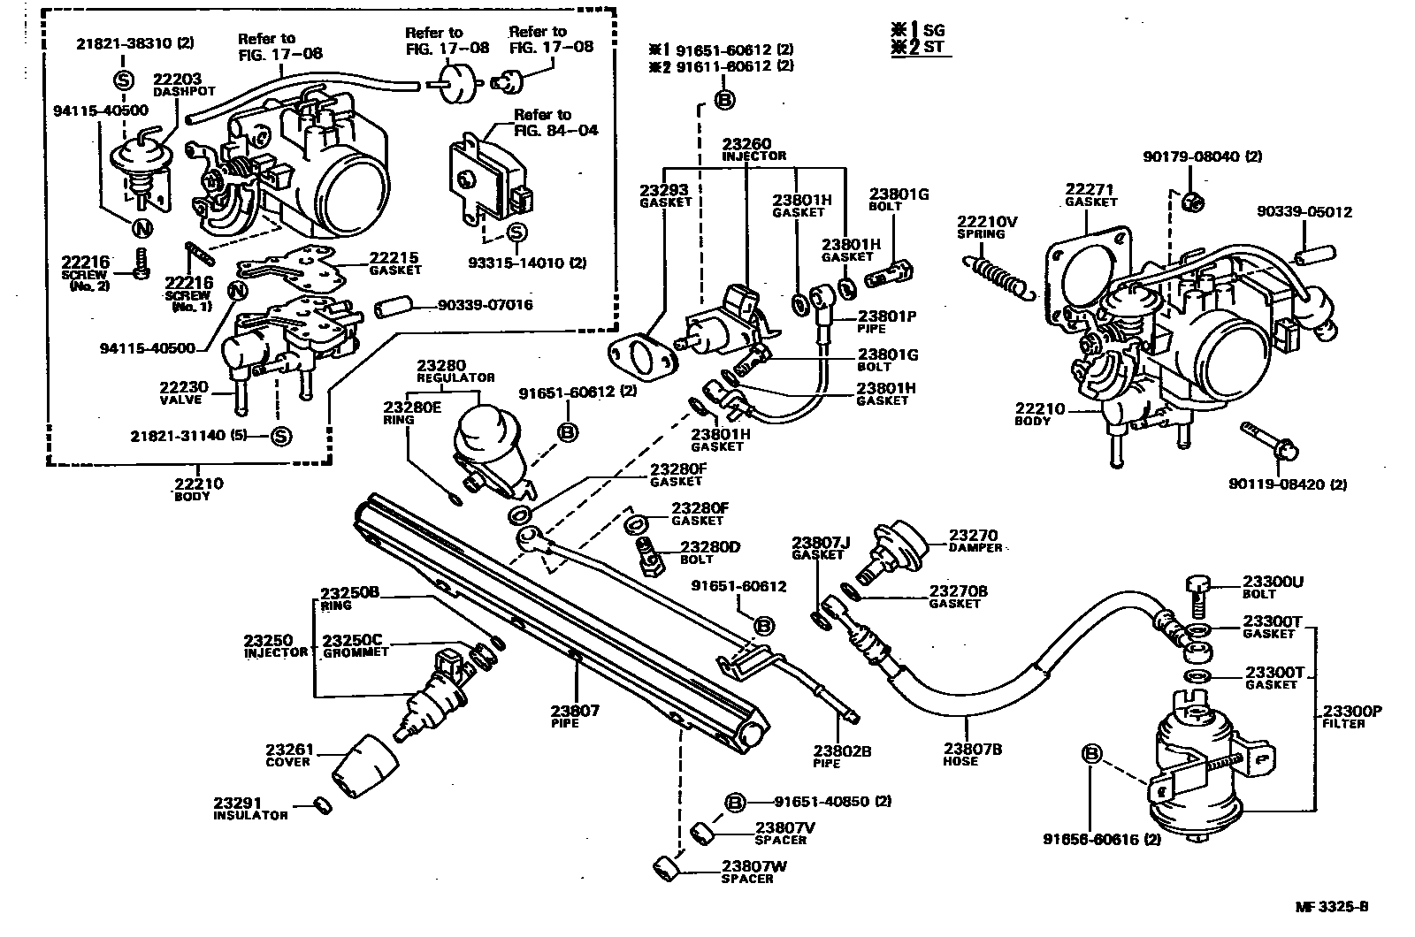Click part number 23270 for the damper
pyautogui.click(x=974, y=535)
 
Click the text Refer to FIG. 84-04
pyautogui.click(x=555, y=122)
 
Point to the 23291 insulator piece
pyautogui.click(x=323, y=804)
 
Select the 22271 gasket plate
pyautogui.click(x=1085, y=264)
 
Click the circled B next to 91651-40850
pyautogui.click(x=735, y=802)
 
